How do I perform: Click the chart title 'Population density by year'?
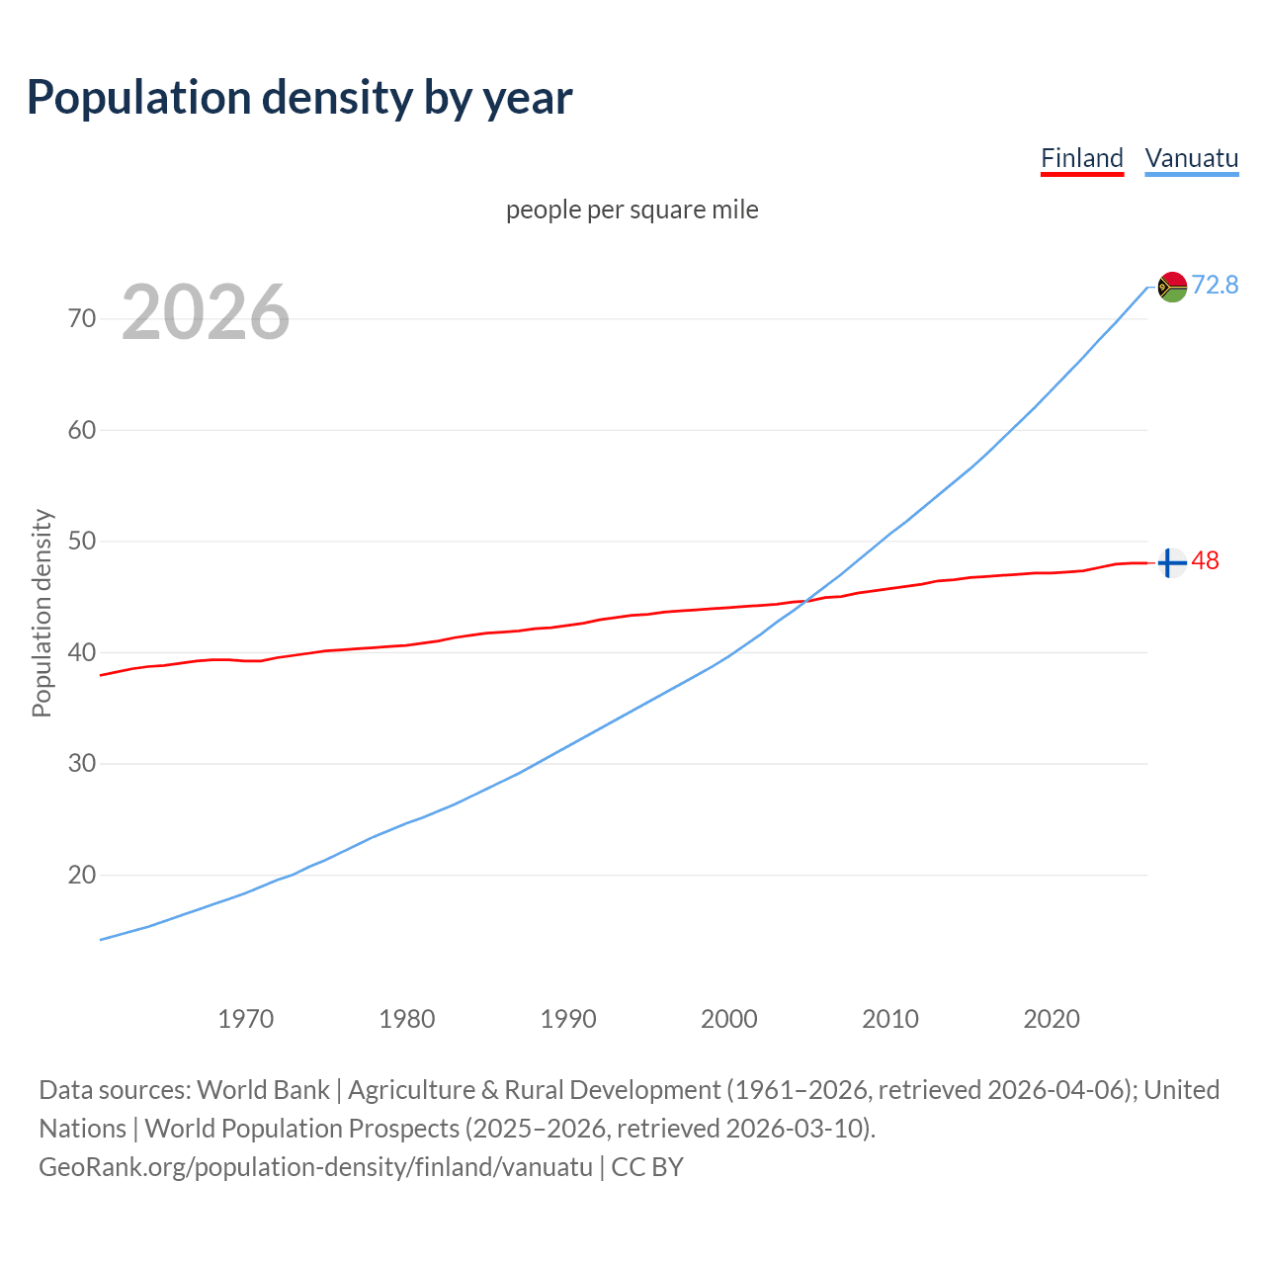point(299,97)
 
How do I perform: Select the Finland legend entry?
point(1082,158)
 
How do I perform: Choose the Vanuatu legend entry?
point(1191,158)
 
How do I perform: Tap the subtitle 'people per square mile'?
point(632,210)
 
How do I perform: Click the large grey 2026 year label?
point(206,312)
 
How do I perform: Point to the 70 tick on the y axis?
point(82,318)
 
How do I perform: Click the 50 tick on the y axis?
point(82,542)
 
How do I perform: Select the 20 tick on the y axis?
point(82,875)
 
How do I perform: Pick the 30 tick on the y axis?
point(82,764)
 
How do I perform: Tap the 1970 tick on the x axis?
point(245,1019)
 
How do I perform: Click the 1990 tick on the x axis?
point(568,1019)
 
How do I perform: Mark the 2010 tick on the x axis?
point(890,1019)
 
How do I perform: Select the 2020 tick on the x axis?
point(1052,1019)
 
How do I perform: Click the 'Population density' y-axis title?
point(42,613)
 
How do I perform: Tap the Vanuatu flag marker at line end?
point(1172,287)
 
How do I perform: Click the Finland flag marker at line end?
point(1171,562)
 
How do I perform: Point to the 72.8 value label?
point(1215,285)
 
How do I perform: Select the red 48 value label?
point(1205,560)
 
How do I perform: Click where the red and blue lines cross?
point(803,601)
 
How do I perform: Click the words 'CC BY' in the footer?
point(647,1166)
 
